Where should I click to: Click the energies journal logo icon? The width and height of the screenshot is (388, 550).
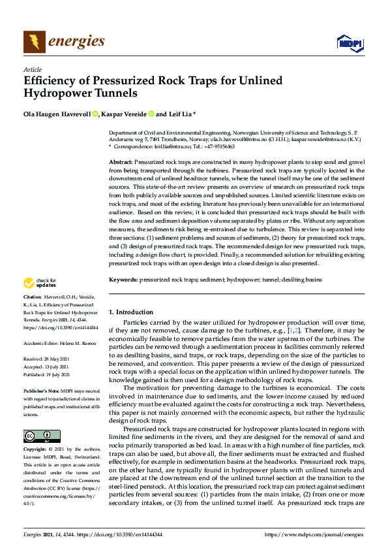(x=35, y=42)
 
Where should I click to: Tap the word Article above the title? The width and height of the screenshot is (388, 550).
(x=32, y=69)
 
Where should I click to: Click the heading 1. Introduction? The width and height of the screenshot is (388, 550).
(x=131, y=312)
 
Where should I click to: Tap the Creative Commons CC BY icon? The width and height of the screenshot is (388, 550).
(x=42, y=436)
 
